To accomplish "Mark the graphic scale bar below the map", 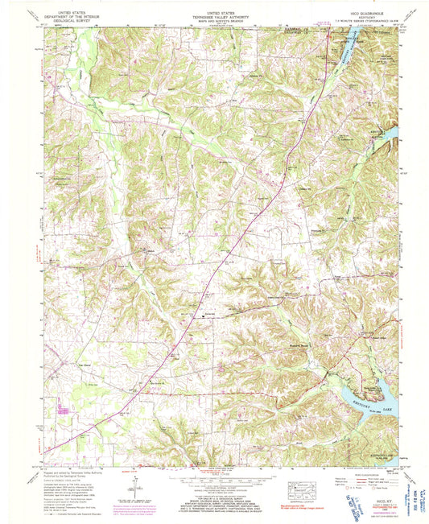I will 214,480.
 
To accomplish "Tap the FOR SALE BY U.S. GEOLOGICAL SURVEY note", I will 214,492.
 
